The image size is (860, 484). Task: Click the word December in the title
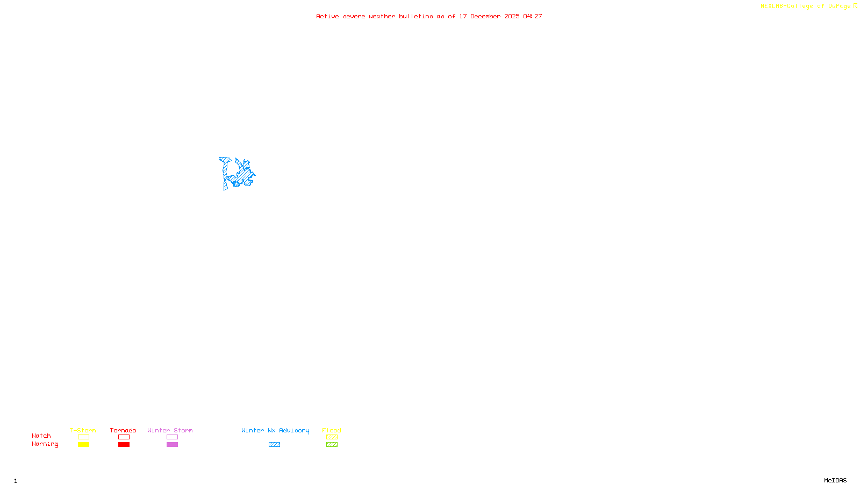tap(485, 17)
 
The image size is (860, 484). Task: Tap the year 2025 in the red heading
tap(512, 17)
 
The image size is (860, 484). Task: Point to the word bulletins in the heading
tap(416, 17)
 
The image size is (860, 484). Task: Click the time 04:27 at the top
tap(533, 17)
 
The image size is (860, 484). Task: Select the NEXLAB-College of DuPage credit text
tap(805, 6)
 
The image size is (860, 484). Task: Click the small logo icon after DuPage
tap(855, 6)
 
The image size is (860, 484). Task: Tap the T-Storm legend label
tap(83, 430)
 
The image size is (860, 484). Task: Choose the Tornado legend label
tap(123, 430)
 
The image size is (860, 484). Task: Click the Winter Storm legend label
tap(170, 430)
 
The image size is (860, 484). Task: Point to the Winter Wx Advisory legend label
tap(275, 430)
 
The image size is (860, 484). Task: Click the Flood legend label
tap(332, 430)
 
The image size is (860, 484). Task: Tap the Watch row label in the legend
tap(41, 436)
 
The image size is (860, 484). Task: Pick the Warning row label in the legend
tap(45, 444)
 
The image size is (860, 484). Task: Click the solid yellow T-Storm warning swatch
tap(83, 445)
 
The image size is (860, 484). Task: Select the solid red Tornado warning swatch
tap(124, 445)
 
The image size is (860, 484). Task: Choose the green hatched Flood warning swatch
tap(332, 445)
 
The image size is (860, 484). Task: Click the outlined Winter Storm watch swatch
tap(172, 437)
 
